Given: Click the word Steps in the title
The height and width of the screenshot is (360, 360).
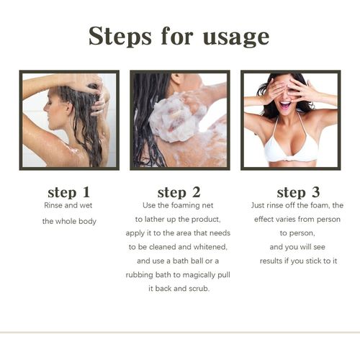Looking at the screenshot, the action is point(120,36).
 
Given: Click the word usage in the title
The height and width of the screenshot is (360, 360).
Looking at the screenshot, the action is point(236,38).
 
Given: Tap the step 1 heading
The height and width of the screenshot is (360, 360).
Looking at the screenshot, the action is point(69,192).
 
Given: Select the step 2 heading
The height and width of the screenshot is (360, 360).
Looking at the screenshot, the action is point(179,192).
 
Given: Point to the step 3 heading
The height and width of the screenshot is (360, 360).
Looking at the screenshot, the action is point(298,192).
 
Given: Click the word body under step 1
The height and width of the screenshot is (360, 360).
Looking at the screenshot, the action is point(87,221).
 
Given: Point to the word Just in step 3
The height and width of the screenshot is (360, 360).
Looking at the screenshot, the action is point(258,205).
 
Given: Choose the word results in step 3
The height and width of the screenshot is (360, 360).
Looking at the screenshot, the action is point(271,261).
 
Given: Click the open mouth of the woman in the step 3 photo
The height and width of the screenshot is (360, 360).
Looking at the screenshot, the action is point(285,105).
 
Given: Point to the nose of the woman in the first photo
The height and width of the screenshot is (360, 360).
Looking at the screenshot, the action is point(45,109).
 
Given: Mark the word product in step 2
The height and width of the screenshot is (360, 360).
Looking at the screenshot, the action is point(206,220).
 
